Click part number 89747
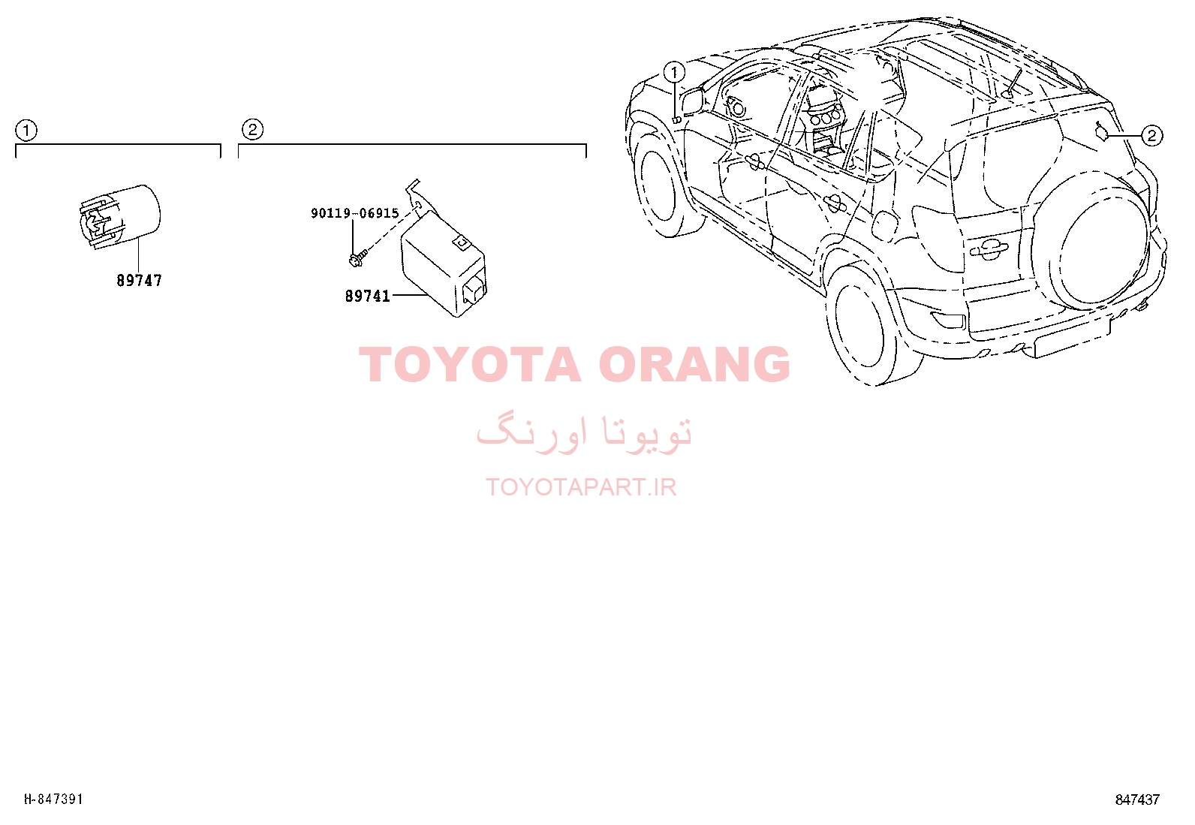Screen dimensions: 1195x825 point(139,280)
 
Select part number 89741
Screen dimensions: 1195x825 point(368,297)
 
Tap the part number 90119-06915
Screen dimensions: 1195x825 point(355,213)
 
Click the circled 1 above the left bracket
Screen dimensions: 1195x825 point(26,130)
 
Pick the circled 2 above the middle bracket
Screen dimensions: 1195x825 point(252,130)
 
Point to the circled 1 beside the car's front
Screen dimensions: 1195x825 point(674,72)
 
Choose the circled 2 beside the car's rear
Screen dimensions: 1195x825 point(1151,136)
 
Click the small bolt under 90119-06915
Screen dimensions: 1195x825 point(357,257)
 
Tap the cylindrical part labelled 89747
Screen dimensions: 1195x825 point(117,217)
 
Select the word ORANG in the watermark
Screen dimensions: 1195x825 point(694,365)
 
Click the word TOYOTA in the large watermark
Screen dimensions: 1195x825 point(470,365)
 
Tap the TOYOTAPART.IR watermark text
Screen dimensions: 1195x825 point(581,487)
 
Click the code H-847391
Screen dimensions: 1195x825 point(54,799)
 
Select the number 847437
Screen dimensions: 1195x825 point(1137,799)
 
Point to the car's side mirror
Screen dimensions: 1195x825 point(692,101)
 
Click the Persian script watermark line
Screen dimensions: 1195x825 point(584,432)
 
